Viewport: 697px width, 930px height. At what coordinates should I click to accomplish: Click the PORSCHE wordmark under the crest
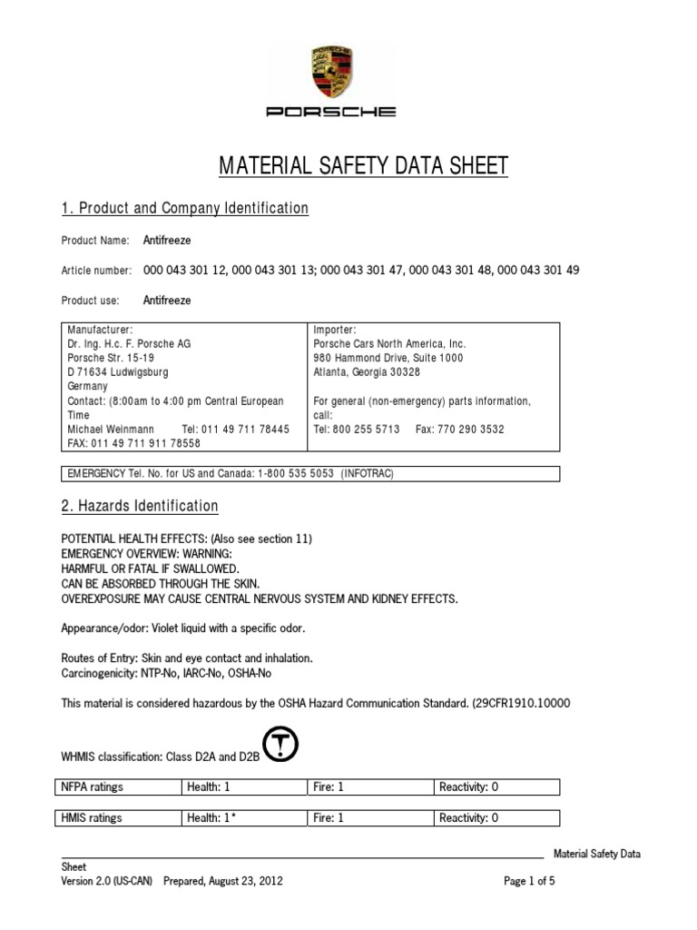[331, 112]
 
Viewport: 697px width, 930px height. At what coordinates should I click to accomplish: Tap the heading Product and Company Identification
[185, 209]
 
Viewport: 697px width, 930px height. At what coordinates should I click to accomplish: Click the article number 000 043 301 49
[538, 270]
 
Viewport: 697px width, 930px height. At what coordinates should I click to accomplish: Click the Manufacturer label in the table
[100, 330]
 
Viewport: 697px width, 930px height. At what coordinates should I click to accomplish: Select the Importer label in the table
[335, 330]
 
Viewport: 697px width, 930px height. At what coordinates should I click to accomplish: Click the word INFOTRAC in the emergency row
[368, 474]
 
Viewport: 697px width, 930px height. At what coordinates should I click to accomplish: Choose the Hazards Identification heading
[140, 506]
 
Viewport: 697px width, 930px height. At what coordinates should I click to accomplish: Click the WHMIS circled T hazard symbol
[279, 745]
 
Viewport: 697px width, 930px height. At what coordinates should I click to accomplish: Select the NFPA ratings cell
[92, 787]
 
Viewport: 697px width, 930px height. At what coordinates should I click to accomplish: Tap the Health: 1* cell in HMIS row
[211, 817]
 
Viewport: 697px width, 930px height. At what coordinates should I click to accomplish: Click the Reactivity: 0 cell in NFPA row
[468, 787]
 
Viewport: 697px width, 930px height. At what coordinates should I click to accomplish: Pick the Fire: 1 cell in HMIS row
[329, 817]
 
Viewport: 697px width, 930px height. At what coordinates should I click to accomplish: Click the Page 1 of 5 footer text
[529, 881]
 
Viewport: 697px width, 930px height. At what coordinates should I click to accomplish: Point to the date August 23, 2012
[245, 881]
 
